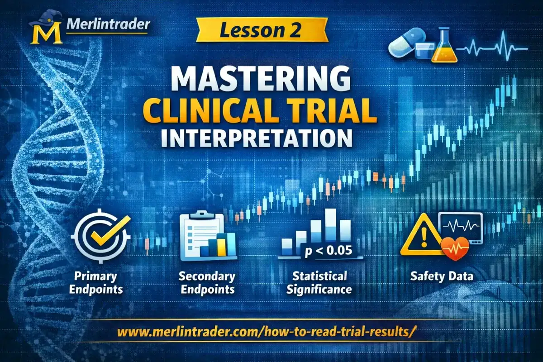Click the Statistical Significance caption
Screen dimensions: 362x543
(x=319, y=282)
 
